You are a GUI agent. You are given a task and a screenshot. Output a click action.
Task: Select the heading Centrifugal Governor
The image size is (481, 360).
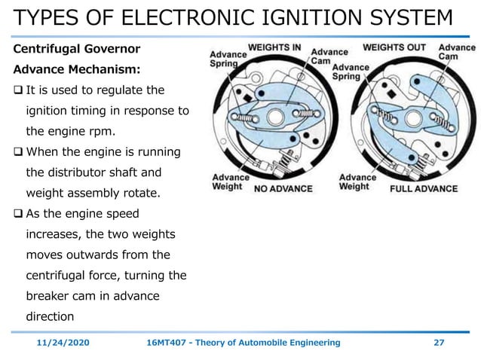coord(77,50)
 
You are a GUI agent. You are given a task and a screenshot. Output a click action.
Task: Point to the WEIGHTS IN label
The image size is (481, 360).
coord(275,47)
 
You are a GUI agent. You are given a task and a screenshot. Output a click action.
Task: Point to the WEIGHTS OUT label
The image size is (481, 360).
coord(394,47)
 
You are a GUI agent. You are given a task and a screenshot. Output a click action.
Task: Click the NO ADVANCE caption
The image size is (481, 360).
coord(286,188)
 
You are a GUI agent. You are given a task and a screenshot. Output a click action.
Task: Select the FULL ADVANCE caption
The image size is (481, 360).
coord(423,188)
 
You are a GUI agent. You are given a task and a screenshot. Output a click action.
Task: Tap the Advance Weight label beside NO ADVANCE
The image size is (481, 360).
coord(227,182)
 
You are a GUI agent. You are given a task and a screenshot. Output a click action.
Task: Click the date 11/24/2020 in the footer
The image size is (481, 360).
coord(63,343)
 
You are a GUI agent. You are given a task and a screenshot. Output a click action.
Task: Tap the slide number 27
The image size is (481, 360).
coord(439,343)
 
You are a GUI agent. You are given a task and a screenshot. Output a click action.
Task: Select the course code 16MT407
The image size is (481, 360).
coord(167,343)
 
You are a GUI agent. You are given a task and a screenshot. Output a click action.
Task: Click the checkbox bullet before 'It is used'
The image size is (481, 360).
coord(19,91)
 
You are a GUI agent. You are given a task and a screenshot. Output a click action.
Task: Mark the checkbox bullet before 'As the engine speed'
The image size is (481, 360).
coord(19,214)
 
